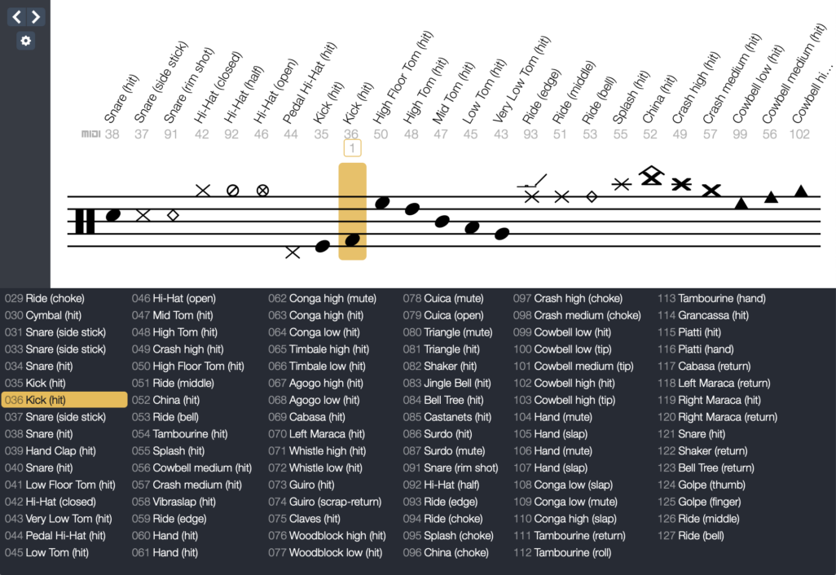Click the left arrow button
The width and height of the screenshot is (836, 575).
click(x=17, y=16)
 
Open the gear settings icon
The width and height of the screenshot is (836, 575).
click(x=26, y=41)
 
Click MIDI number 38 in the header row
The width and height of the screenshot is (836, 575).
click(x=112, y=134)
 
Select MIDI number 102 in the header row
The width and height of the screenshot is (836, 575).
click(x=800, y=134)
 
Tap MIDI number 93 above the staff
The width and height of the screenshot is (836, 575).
click(x=530, y=134)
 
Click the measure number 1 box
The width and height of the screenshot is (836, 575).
click(x=352, y=147)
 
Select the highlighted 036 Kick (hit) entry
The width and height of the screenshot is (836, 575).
click(x=64, y=400)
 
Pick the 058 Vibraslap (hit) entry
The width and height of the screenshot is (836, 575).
click(x=174, y=502)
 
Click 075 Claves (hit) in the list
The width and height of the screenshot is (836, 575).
click(x=304, y=519)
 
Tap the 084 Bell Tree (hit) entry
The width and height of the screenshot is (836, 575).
click(x=443, y=400)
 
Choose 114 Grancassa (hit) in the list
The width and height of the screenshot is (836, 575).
click(x=702, y=315)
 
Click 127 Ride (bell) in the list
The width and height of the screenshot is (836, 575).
click(x=689, y=536)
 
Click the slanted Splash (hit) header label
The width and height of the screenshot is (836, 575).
click(x=631, y=98)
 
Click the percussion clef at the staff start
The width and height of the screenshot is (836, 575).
click(x=85, y=221)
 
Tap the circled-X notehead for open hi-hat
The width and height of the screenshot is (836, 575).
click(x=262, y=191)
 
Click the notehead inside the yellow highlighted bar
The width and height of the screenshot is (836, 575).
click(x=352, y=240)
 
